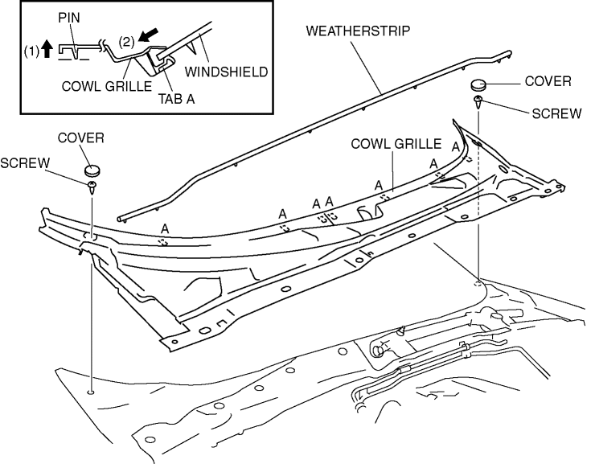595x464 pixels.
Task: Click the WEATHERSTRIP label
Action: [x=358, y=31]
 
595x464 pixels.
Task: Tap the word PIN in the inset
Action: [x=69, y=18]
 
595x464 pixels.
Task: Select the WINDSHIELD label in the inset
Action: [x=226, y=72]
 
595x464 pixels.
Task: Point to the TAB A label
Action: [x=176, y=99]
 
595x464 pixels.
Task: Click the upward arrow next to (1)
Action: [x=47, y=49]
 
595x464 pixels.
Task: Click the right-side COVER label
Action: [x=548, y=81]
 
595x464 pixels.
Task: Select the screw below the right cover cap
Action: [x=478, y=103]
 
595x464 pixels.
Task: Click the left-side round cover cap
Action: [x=92, y=170]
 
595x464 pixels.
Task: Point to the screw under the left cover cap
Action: [x=92, y=187]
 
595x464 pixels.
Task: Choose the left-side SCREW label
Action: [x=25, y=163]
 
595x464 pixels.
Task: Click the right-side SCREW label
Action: [x=556, y=113]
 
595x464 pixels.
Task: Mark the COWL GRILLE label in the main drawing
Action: [x=396, y=144]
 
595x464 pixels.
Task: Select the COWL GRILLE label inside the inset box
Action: [x=107, y=87]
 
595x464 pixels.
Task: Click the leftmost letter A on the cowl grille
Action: [x=165, y=228]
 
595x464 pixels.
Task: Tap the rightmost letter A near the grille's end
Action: [x=455, y=147]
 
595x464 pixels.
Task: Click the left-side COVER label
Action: [x=81, y=138]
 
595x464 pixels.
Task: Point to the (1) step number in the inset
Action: [x=32, y=51]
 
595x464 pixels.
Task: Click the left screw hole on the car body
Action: [x=91, y=391]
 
